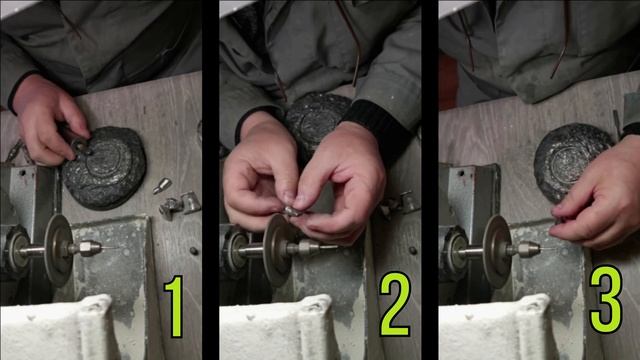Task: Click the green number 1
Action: tap(174, 306)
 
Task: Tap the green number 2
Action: tap(395, 304)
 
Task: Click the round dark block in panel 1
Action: tap(104, 167)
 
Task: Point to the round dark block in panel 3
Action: tap(571, 159)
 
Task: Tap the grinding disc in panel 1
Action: tap(57, 250)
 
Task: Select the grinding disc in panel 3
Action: tap(496, 251)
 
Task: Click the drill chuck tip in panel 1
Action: tap(88, 248)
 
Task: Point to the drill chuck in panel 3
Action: tap(527, 249)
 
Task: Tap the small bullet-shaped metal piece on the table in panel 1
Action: tap(162, 186)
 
